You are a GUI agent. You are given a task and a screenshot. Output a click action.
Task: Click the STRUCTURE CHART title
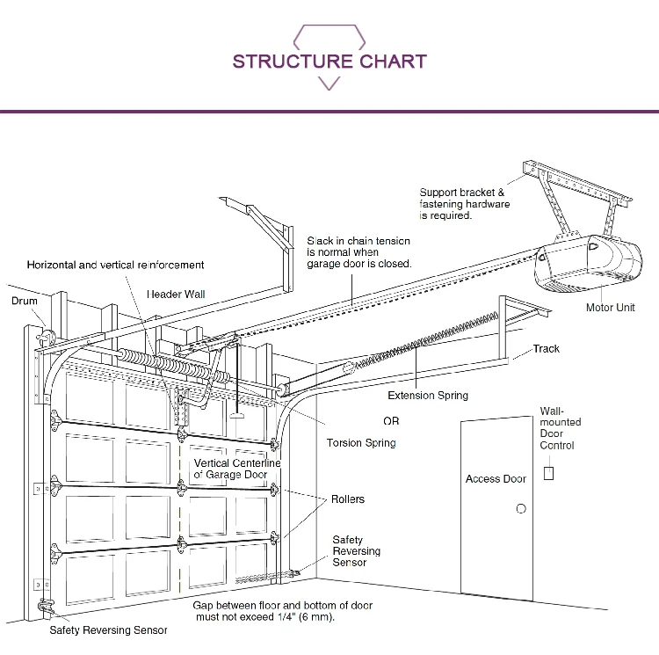coord(329,62)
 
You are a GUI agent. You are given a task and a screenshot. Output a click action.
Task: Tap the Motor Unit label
coord(610,308)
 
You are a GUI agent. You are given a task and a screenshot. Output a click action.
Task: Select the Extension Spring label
coord(428,396)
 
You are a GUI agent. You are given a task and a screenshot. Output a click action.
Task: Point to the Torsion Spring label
coord(361,443)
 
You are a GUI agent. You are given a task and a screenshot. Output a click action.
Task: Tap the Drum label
coord(25,301)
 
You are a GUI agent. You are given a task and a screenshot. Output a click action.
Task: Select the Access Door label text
coord(496,479)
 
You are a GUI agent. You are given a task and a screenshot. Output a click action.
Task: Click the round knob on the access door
coord(520,509)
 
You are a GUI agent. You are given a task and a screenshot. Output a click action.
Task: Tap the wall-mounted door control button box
coord(550,473)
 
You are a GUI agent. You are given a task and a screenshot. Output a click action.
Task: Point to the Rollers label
coord(348,499)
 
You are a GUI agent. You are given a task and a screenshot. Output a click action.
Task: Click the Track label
coord(546,349)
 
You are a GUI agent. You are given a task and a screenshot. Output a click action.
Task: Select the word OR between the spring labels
coord(391,421)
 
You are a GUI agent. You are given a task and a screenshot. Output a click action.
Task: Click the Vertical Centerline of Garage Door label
coord(237,469)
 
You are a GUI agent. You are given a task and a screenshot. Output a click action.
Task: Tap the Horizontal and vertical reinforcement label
coord(115,265)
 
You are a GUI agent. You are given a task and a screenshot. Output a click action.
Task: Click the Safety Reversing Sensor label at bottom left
coord(108,630)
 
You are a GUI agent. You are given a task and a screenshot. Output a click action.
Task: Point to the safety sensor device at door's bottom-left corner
coord(45,608)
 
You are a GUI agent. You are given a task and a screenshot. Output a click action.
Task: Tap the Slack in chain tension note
coord(358,252)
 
